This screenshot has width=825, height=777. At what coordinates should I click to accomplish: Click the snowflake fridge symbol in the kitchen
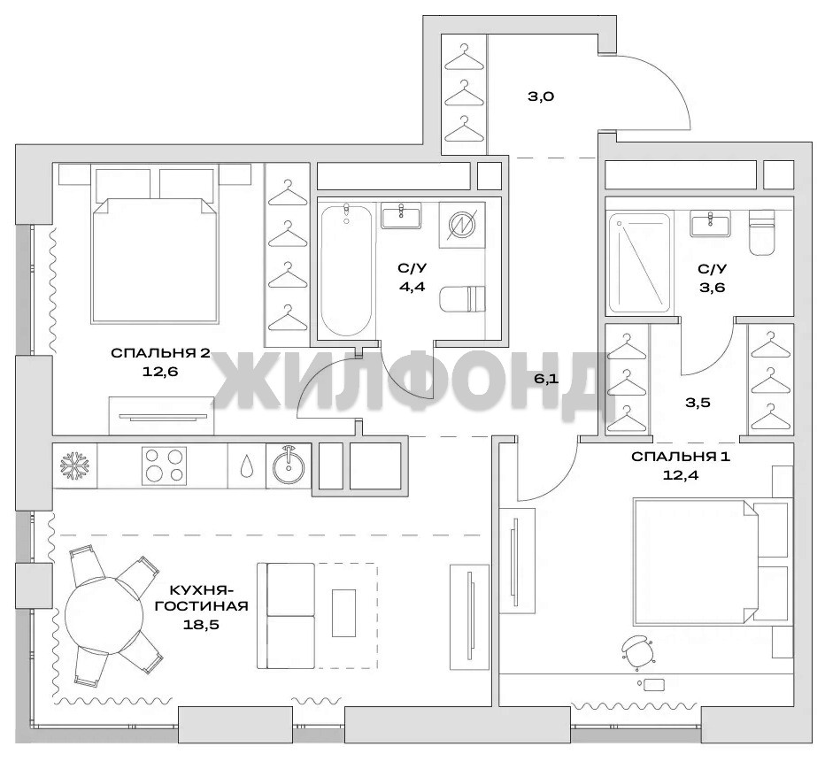point(74,465)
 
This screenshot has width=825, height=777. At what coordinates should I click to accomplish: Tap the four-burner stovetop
point(164,465)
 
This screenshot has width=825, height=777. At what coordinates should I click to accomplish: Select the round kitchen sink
point(289,465)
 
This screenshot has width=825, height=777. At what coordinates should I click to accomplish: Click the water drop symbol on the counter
point(246,465)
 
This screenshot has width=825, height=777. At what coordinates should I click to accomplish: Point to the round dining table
point(104,616)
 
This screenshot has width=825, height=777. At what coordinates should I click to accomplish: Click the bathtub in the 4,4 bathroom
point(346,270)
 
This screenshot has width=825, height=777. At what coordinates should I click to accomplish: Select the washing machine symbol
point(461,225)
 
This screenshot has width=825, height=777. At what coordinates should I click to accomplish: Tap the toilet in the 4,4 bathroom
point(462,299)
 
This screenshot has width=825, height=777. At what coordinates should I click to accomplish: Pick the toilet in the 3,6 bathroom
point(762,232)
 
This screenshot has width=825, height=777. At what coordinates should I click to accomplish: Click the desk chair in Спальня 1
point(637,651)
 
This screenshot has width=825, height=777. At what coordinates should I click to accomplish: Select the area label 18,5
point(201,625)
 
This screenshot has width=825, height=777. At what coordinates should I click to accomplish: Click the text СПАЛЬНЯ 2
point(160,353)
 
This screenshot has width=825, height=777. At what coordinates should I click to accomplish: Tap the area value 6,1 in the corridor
point(546,379)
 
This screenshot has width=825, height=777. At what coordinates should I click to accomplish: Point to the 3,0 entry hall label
point(541,96)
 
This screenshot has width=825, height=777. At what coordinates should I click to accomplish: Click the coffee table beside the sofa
point(343,612)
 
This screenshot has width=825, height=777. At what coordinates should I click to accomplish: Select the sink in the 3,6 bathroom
point(710,224)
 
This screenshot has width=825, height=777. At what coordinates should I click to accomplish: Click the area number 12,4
point(681,475)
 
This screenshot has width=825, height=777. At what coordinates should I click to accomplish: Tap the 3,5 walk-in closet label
point(698,403)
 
